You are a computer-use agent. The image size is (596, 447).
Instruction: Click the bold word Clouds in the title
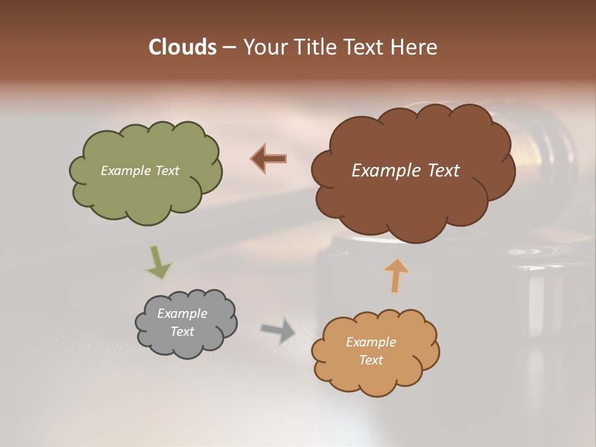coord(182,47)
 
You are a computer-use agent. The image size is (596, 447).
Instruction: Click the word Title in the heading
coord(316,47)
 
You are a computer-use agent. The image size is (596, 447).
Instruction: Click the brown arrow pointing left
coord(269,158)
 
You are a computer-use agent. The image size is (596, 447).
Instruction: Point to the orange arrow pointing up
coord(396,275)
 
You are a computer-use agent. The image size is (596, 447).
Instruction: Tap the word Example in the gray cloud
coord(182,314)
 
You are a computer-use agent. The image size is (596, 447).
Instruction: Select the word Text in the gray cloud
coord(182,332)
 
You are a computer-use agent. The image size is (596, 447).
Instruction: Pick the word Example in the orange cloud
coord(371,342)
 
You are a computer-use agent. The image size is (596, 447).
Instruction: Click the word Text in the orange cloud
coord(371,360)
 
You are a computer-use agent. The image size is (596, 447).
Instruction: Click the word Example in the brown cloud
coord(383,171)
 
